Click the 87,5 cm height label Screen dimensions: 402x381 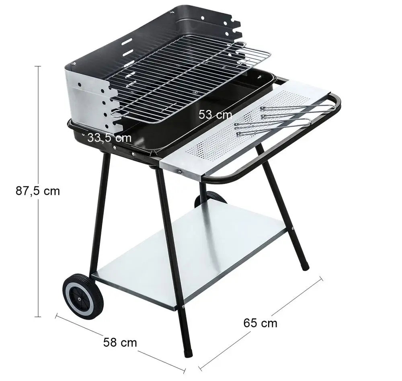pyautogui.click(x=38, y=191)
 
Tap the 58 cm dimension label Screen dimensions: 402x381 pyautogui.click(x=120, y=342)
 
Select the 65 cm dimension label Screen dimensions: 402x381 pyautogui.click(x=260, y=323)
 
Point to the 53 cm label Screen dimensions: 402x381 pyautogui.click(x=215, y=115)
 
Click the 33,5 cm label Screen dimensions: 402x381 pyautogui.click(x=109, y=138)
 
